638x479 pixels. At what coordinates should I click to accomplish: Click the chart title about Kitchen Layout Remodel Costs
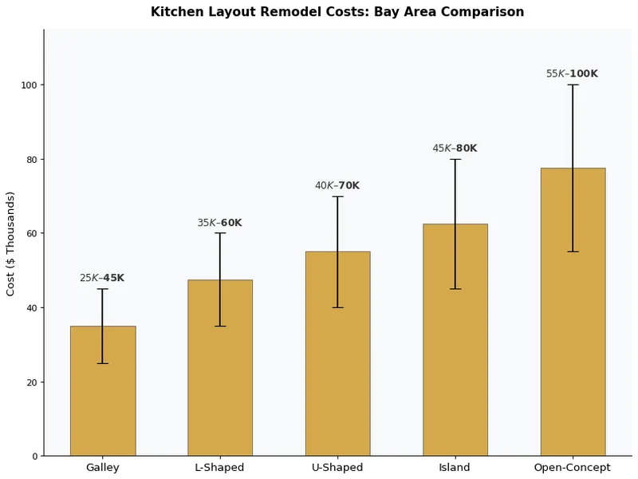coord(337,12)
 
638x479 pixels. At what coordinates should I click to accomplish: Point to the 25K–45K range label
coord(102,278)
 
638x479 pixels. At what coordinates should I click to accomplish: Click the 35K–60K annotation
coord(219,223)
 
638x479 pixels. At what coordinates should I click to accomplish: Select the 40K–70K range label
coord(337,185)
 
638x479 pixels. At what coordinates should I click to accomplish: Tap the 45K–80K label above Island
coord(455,148)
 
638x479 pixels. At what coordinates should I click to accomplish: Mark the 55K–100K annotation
coord(572,73)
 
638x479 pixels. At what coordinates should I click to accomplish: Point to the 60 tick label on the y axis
coord(32,234)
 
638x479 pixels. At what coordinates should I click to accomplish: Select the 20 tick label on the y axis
coord(32,382)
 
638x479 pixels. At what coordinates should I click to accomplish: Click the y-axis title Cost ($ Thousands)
coord(11,243)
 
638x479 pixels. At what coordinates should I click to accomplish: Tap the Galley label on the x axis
coord(103,468)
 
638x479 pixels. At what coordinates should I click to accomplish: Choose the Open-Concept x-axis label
coord(573,468)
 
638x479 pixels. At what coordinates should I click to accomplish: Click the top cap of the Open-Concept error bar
coord(573,85)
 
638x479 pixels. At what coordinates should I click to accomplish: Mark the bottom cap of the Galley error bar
coord(103,363)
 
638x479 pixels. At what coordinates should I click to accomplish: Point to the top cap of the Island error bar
coord(455,159)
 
